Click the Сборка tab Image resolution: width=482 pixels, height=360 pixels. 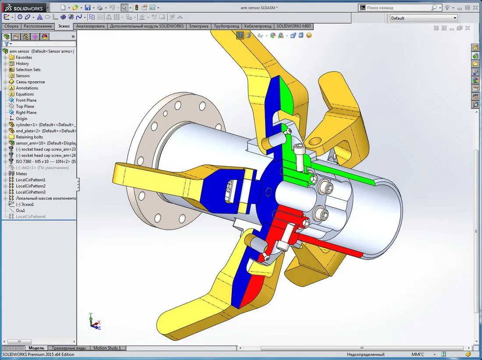pyautogui.click(x=11, y=26)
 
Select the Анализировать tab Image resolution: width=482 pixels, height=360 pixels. pyautogui.click(x=90, y=26)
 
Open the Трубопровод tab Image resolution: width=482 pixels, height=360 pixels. pyautogui.click(x=226, y=26)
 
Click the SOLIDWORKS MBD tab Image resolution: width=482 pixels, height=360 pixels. pyautogui.click(x=294, y=26)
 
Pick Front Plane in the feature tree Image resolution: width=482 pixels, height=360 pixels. pyautogui.click(x=26, y=100)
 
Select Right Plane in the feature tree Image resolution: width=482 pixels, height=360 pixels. pyautogui.click(x=26, y=113)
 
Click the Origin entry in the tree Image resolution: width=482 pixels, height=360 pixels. pyautogui.click(x=21, y=119)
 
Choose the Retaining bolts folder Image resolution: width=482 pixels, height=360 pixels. pyautogui.click(x=29, y=137)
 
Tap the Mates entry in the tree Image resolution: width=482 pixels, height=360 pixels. pyautogui.click(x=21, y=174)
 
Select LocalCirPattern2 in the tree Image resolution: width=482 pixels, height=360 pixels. pyautogui.click(x=30, y=186)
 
